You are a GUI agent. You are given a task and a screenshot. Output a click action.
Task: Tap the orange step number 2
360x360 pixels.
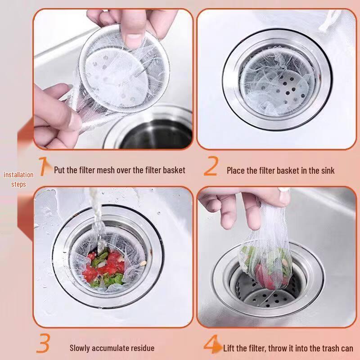pyautogui.click(x=211, y=166)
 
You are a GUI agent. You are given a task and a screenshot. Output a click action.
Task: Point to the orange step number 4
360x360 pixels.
pyautogui.click(x=211, y=344)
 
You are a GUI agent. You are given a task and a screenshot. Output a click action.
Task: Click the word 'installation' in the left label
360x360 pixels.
pyautogui.click(x=18, y=175)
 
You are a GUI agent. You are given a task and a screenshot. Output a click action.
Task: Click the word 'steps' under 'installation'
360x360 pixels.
pyautogui.click(x=18, y=184)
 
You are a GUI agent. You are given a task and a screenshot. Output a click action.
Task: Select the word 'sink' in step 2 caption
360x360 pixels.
pyautogui.click(x=327, y=171)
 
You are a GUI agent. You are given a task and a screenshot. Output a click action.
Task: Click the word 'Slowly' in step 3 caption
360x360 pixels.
pyautogui.click(x=80, y=348)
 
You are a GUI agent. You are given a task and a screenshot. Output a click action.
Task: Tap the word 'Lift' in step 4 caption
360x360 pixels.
pyautogui.click(x=229, y=348)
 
